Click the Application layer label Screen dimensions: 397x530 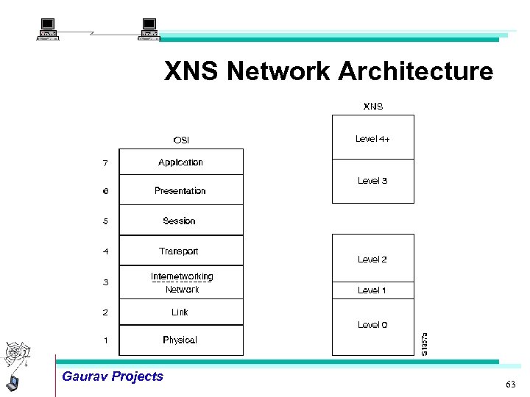tap(180, 162)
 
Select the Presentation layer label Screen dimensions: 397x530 tap(180, 191)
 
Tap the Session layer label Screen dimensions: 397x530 tap(180, 221)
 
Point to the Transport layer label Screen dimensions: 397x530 tap(179, 251)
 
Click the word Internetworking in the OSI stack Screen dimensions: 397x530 tap(182, 276)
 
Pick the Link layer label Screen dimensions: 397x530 tap(180, 312)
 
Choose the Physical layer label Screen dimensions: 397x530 tap(180, 340)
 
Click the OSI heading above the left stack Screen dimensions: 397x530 tap(181, 140)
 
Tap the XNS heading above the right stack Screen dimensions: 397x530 tap(373, 107)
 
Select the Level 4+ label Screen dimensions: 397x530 tap(372, 139)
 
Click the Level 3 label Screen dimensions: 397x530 tap(372, 181)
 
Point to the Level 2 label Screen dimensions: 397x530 tap(372, 260)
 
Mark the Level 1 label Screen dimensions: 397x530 tap(372, 290)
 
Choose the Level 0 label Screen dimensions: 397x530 tap(372, 325)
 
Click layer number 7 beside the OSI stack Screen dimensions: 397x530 tap(105, 163)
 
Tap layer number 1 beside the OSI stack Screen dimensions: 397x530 tap(105, 340)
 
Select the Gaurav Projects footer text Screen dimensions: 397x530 tap(113, 376)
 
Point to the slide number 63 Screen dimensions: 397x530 tap(511, 385)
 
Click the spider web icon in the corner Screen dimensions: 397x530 tap(16, 354)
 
